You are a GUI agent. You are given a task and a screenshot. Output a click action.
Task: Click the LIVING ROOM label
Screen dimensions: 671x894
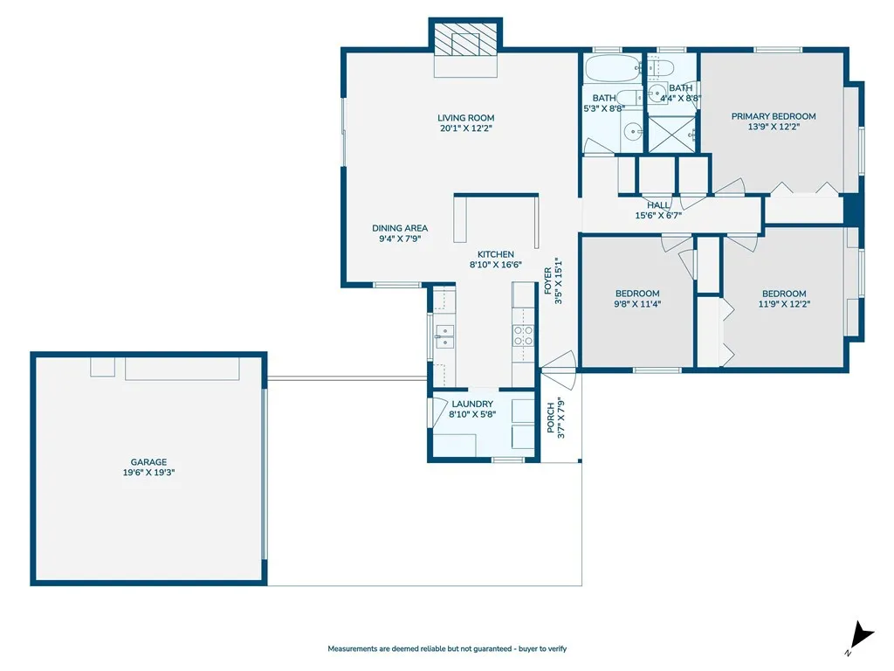tap(466, 118)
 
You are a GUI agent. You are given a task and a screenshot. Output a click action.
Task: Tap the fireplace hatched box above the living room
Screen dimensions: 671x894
tap(465, 40)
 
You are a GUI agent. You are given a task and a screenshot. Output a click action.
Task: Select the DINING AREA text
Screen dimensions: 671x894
tap(400, 228)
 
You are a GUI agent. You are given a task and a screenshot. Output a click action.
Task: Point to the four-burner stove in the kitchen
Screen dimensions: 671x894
tap(523, 336)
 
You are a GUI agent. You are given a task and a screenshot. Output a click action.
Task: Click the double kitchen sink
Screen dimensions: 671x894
tap(444, 336)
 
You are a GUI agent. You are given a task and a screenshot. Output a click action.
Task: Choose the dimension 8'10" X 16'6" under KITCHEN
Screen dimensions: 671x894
tap(495, 265)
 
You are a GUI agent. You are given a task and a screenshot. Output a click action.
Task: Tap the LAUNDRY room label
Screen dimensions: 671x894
tap(472, 404)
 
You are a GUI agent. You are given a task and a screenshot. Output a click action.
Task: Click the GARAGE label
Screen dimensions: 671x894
tap(148, 462)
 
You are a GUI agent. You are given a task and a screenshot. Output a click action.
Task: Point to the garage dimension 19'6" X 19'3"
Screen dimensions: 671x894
tap(148, 473)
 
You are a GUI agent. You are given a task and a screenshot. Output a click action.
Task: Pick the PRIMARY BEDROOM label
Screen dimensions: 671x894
tap(774, 116)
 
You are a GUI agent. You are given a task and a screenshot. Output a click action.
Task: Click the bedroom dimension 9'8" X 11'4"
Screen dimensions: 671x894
tap(637, 305)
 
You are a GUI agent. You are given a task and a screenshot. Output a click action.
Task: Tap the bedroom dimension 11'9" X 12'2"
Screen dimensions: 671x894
tap(784, 305)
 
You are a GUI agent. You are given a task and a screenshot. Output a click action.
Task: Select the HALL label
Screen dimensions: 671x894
tap(659, 205)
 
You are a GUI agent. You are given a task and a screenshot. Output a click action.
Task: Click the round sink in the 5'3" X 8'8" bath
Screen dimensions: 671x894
tap(633, 131)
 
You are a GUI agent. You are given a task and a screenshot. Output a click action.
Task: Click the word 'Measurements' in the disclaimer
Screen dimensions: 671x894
tap(354, 649)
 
